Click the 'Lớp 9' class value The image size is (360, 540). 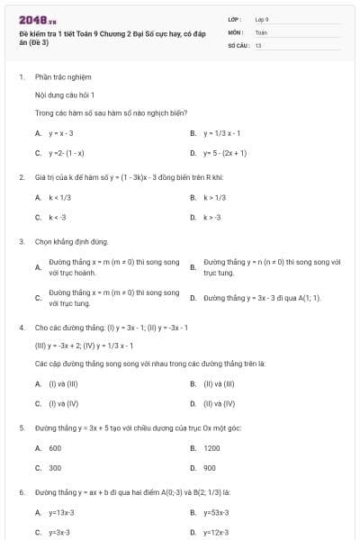point(262,19)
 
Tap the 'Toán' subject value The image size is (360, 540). point(261,31)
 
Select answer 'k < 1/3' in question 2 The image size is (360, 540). point(60,197)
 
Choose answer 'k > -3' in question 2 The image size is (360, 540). point(212,217)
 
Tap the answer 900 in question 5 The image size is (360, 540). point(210,468)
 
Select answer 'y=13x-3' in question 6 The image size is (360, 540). point(61,513)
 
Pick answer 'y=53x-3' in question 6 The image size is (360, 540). point(217,513)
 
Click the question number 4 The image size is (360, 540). point(21,327)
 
